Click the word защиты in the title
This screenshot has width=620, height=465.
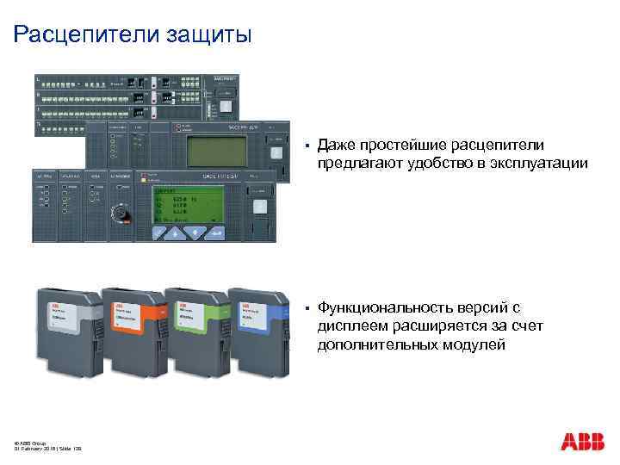[212, 36]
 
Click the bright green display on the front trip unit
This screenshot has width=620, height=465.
[187, 204]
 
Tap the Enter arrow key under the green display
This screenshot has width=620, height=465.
[215, 233]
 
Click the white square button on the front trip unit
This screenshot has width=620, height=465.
[259, 207]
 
